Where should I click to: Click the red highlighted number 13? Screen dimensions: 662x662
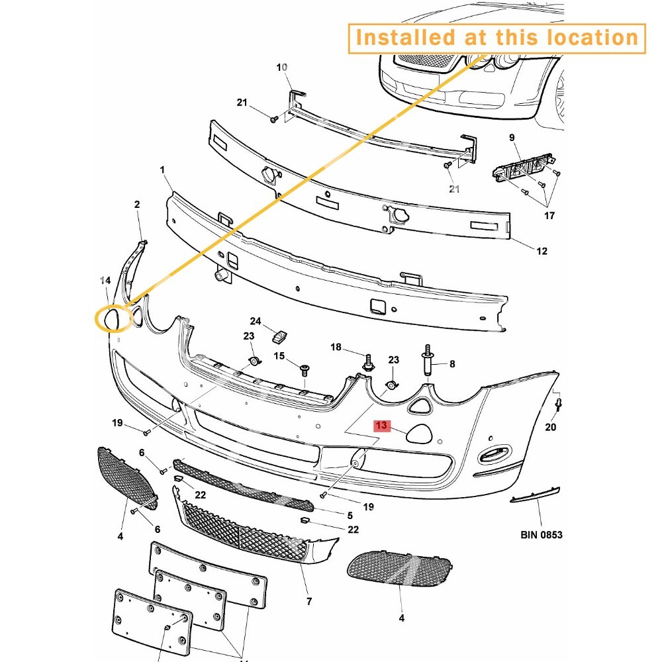point(382,425)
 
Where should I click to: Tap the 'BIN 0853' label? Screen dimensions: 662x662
point(542,535)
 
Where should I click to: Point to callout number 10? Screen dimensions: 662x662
point(281,68)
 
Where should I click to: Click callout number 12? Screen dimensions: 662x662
point(542,251)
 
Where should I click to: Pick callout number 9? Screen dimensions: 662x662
point(512,138)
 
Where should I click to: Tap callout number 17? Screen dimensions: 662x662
point(549,216)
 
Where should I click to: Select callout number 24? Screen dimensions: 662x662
point(256,321)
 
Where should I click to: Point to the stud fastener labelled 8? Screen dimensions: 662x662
point(428,359)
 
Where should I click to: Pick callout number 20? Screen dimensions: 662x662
point(551,427)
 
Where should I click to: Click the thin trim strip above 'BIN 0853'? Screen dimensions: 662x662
point(535,495)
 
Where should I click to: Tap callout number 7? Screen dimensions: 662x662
point(309,601)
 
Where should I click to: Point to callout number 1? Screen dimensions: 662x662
point(163,169)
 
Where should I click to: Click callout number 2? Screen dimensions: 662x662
point(137,205)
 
